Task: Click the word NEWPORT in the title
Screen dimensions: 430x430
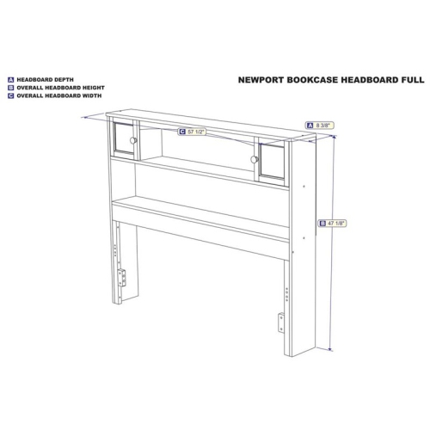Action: [261, 80]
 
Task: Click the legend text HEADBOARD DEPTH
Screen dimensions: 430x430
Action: [45, 80]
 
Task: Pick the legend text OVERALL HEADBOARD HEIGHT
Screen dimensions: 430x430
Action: [60, 88]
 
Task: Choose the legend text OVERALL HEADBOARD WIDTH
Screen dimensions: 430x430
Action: [59, 95]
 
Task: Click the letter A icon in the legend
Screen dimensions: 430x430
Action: [11, 80]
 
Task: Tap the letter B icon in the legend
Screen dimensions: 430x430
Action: [11, 88]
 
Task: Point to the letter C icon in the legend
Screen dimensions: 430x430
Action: [11, 96]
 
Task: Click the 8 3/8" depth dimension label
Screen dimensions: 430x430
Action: [320, 126]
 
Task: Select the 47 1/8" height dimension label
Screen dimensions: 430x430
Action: [333, 223]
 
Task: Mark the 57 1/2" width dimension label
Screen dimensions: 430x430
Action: [193, 132]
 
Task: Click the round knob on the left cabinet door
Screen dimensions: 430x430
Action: [133, 140]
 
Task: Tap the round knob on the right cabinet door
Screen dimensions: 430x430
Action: [254, 159]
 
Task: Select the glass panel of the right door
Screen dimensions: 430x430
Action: [272, 162]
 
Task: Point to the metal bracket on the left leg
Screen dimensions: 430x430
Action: [122, 278]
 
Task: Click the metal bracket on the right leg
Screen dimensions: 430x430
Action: [281, 322]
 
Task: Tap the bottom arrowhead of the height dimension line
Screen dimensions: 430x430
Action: [330, 349]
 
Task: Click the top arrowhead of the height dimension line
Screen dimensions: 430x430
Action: [335, 138]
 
